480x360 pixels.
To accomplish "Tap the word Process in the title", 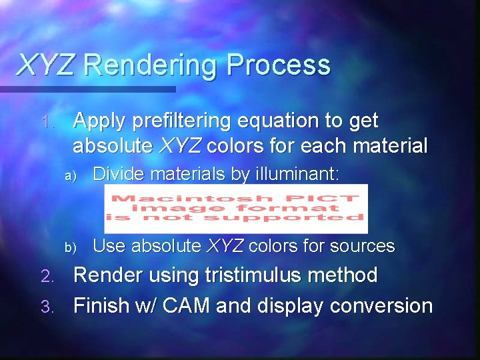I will click(x=278, y=65).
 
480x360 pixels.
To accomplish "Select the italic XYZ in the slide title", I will click(x=46, y=65).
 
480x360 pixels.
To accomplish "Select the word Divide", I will click(x=119, y=175).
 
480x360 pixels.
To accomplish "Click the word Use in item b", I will click(x=109, y=246).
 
